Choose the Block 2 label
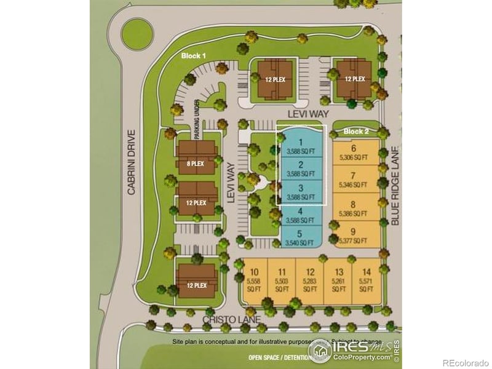[x=356, y=132]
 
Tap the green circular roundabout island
[x=137, y=34]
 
